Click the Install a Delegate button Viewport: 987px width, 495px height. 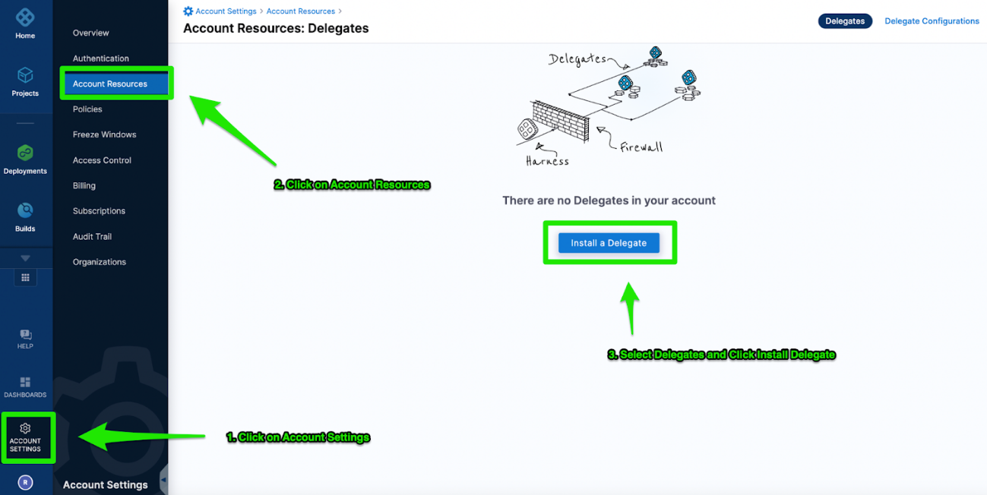(x=609, y=243)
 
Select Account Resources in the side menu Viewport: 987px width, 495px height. (x=110, y=84)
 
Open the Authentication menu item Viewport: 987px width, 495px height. (x=101, y=58)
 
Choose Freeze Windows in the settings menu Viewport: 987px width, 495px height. (x=105, y=134)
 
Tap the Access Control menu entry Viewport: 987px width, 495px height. (x=102, y=160)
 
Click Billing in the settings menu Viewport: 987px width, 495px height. (x=84, y=185)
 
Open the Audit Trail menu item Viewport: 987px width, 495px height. (x=92, y=236)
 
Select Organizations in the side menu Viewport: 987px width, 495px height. (x=100, y=262)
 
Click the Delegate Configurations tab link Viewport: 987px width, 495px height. (x=932, y=21)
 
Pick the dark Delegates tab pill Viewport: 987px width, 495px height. (x=845, y=21)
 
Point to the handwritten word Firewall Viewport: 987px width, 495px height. (x=641, y=147)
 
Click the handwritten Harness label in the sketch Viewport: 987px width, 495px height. (x=547, y=161)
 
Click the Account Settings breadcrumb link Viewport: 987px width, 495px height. (x=226, y=11)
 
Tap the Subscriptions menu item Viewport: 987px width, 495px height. (x=99, y=211)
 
